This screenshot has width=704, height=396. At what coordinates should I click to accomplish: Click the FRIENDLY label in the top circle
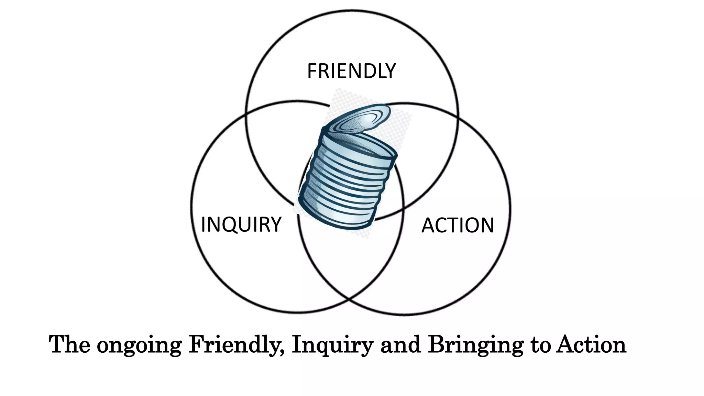(x=351, y=71)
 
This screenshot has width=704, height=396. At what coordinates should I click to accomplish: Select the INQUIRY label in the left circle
(x=241, y=224)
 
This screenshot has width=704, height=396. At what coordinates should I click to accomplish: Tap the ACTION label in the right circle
(x=458, y=225)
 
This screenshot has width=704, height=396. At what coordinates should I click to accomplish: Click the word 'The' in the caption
(x=69, y=344)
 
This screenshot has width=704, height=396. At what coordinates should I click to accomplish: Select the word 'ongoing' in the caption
(x=139, y=345)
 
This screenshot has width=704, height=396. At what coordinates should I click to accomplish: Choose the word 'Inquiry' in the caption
(x=332, y=345)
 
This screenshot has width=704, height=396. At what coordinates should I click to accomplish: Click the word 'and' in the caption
(x=400, y=344)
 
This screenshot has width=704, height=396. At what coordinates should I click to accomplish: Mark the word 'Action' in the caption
(x=591, y=344)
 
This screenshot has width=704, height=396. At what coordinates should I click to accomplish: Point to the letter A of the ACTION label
(x=428, y=225)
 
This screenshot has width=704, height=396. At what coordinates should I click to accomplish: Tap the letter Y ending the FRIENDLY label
(x=390, y=71)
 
